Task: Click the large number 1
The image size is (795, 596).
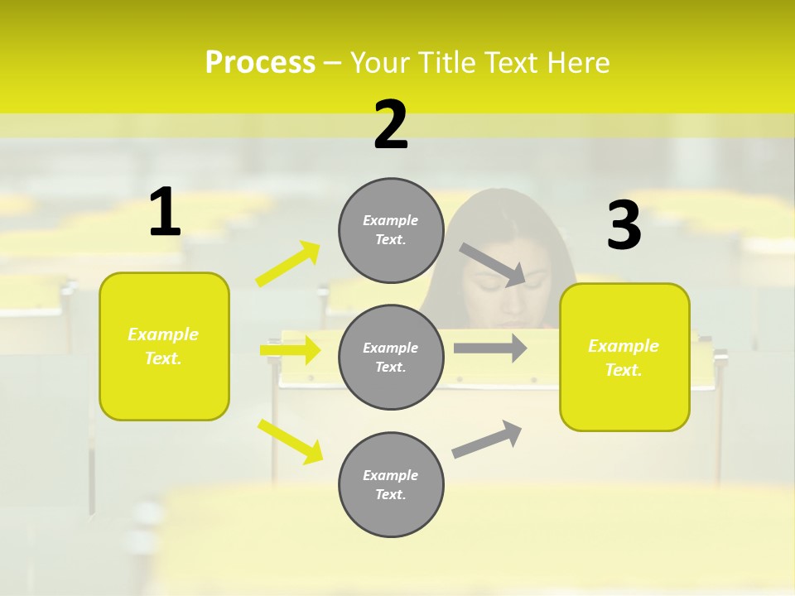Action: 165,213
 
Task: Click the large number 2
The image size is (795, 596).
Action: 391,125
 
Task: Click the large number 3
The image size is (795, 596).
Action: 624,226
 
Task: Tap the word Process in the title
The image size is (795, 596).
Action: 260,63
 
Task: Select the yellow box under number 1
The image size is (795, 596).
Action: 164,346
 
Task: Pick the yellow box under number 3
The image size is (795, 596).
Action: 624,358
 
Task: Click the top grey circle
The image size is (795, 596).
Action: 391,230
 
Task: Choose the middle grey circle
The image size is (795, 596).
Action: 391,358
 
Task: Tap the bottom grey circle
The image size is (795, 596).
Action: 391,485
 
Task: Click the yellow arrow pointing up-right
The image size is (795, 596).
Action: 288,264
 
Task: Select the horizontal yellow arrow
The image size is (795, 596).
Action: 290,350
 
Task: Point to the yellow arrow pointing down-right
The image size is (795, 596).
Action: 290,440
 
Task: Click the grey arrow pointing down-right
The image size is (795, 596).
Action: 493,264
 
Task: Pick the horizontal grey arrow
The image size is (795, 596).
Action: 489,348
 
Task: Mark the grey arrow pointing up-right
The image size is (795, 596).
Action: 487,439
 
